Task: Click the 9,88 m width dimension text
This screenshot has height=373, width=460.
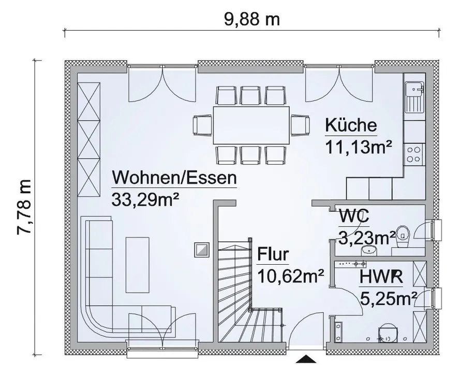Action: [x=252, y=20]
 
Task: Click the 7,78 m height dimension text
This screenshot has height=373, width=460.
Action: [x=24, y=207]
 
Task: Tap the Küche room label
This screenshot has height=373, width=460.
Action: [x=351, y=125]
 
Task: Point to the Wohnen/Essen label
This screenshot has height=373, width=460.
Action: [x=174, y=177]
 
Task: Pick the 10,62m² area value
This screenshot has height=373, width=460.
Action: [x=291, y=276]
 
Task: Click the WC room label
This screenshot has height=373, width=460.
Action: [x=354, y=217]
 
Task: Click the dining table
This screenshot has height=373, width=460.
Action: [x=251, y=125]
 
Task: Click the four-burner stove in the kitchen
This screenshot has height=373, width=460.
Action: [x=414, y=154]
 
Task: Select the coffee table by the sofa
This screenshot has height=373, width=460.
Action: [x=137, y=265]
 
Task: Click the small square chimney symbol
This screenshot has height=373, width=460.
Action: [x=202, y=250]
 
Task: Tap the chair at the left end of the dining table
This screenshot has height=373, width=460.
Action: [x=202, y=125]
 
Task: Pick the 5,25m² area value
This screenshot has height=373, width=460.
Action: [x=389, y=299]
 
